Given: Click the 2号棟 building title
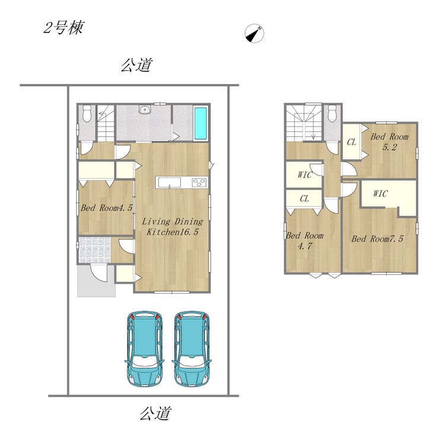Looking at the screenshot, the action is (63, 28).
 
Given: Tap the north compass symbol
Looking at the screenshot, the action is (255, 33).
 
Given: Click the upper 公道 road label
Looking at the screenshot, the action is (137, 65).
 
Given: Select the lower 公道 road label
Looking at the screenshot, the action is (155, 413).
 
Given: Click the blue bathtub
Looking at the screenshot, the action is (201, 124).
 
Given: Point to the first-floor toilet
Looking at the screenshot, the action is (87, 113).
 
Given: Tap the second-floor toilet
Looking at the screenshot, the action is (332, 113).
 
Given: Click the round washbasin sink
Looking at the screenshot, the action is (145, 109).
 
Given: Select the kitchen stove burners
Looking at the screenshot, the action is (199, 183).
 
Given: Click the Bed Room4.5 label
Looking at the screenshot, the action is (107, 208).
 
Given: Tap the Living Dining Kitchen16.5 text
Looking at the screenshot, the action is (172, 227).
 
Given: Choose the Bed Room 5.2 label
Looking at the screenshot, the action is (389, 141).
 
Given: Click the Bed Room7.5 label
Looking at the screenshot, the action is (377, 239).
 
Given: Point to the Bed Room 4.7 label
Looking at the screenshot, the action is (305, 241).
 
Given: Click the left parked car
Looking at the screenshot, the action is (144, 348).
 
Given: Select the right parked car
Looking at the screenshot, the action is (192, 348).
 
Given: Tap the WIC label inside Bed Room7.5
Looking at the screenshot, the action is (381, 194).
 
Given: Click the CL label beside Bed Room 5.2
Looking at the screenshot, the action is (352, 142).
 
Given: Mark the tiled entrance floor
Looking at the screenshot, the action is (94, 250).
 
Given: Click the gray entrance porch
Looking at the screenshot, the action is (96, 281).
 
